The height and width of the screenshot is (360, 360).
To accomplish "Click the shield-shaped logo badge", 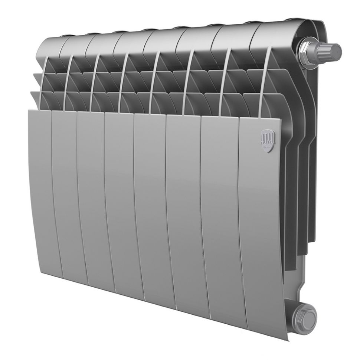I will [267, 140].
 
